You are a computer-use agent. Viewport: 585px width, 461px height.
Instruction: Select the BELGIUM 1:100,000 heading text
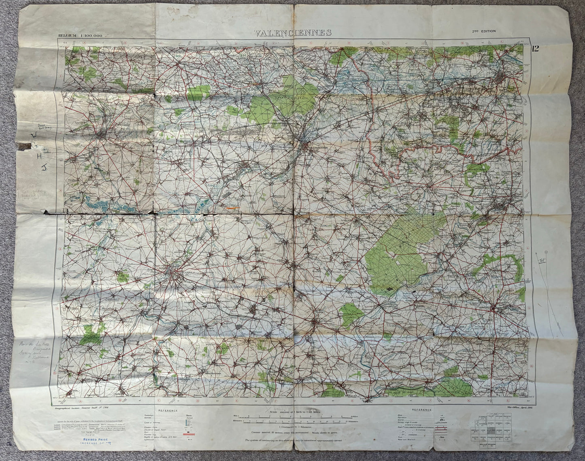[80, 36]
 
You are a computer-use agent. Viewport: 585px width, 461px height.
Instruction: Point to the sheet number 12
[536, 49]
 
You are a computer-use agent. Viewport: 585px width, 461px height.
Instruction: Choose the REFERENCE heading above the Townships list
[171, 410]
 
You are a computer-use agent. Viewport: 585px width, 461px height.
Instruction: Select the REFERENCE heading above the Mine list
[422, 410]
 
